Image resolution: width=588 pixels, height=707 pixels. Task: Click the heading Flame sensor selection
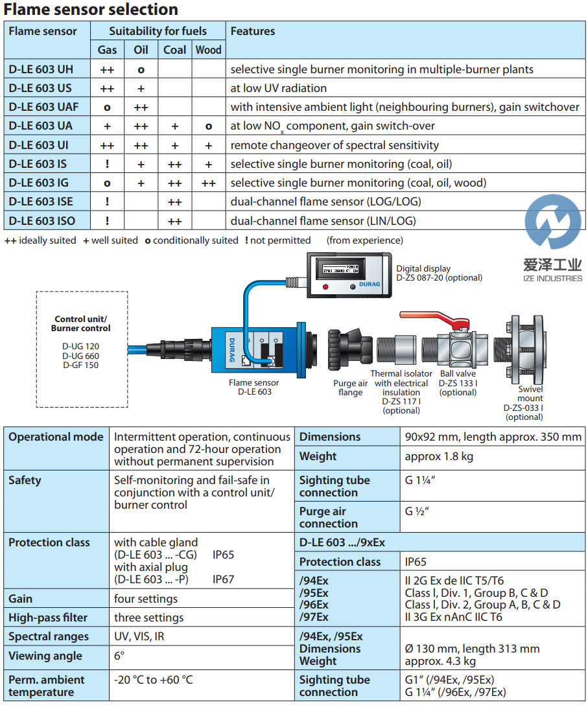pos(91,10)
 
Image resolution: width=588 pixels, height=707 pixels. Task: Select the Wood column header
pos(208,50)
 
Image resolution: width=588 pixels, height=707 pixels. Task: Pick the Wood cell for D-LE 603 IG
pos(208,183)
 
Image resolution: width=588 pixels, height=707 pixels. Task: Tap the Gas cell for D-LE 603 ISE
pos(107,202)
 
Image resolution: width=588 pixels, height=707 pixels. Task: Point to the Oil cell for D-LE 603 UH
pos(141,69)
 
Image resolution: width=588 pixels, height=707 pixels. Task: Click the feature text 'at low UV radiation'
pos(279,88)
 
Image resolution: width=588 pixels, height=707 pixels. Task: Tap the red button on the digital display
pos(325,286)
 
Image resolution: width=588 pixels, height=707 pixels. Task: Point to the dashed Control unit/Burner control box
pos(82,349)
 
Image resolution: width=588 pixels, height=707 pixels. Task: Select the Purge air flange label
pos(350,388)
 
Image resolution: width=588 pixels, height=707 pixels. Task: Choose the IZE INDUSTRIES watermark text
pos(552,278)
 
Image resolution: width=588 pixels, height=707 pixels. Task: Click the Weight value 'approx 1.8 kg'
pos(438,456)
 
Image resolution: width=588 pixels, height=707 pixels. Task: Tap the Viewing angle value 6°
pos(119,656)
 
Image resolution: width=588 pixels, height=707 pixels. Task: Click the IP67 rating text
pos(223,579)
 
